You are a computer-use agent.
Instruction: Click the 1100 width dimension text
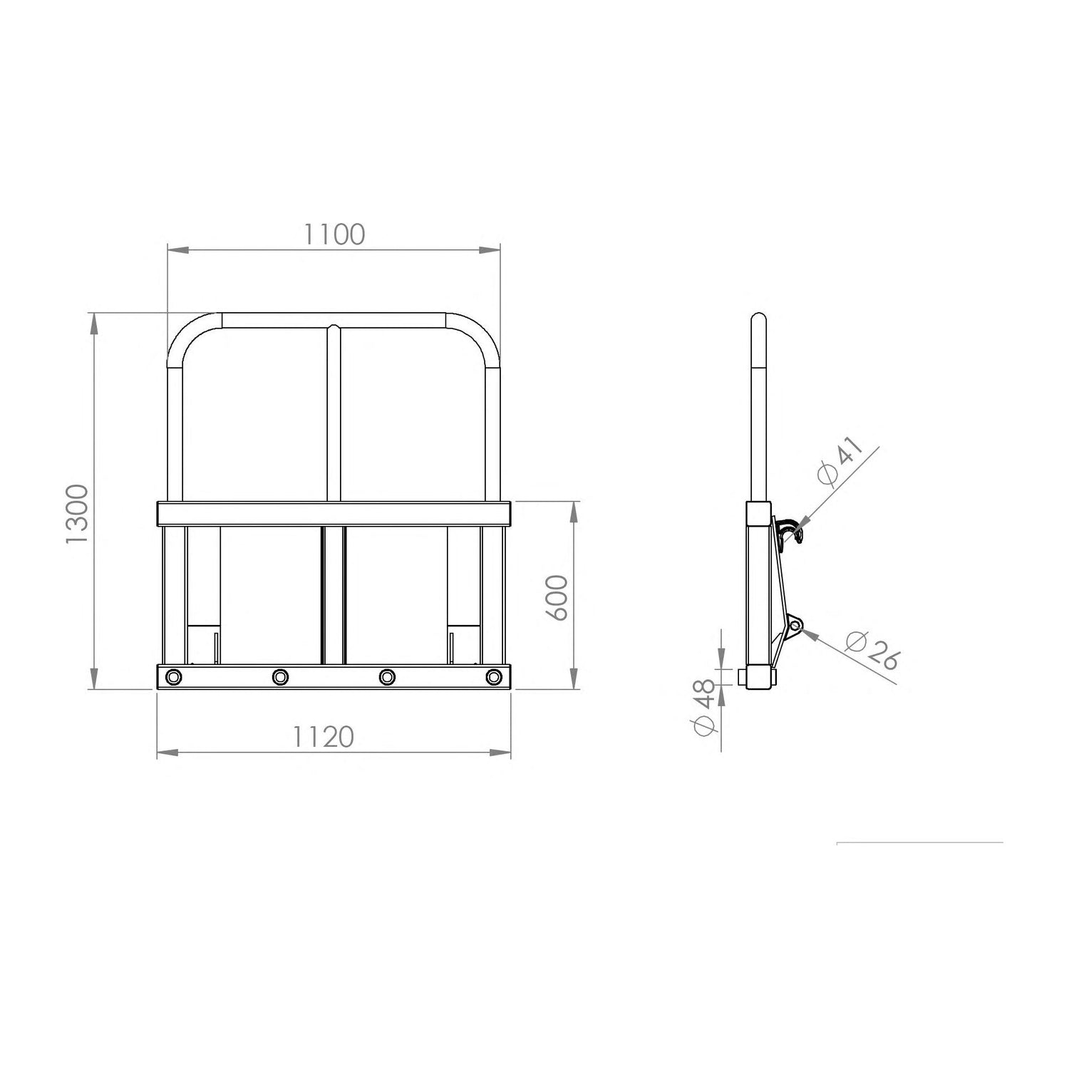334,234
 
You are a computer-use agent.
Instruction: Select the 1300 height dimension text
76,514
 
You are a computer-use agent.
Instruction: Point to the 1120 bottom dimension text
323,737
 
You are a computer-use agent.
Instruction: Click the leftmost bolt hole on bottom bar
172,676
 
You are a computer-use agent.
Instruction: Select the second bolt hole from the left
280,676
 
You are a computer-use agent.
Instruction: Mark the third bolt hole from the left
387,676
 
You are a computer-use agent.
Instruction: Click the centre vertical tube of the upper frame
334,413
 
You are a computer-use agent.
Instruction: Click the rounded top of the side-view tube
760,318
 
